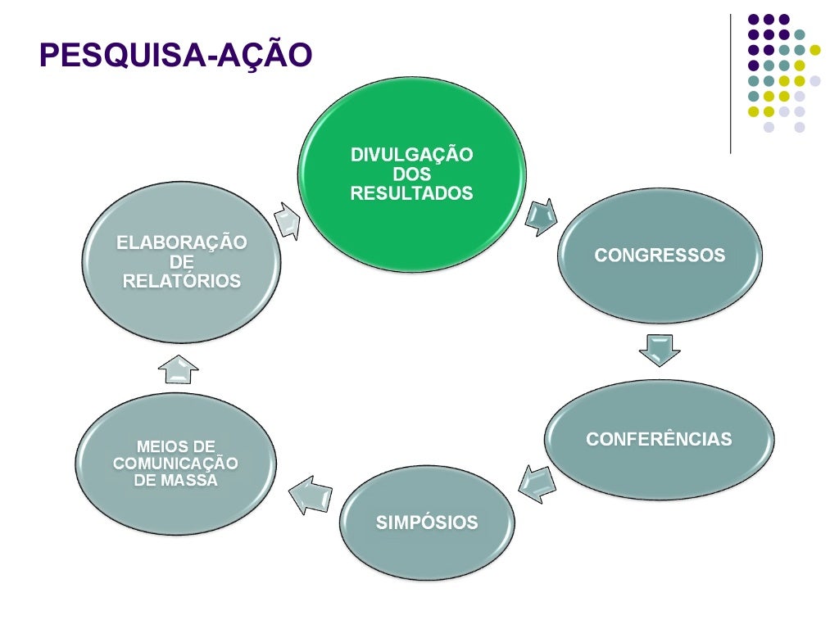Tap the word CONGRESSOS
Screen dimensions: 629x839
[660, 256]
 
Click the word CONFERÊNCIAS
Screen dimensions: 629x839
[659, 439]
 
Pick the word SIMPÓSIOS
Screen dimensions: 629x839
[426, 523]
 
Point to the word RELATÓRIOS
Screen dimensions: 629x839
[181, 281]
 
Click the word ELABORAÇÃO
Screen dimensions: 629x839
[181, 243]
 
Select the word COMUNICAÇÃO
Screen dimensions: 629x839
[175, 464]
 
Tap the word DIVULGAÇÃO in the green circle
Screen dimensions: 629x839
[411, 155]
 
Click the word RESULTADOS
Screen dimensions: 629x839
[411, 194]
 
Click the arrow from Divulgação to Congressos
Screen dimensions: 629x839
[542, 217]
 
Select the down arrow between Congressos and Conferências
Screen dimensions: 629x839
[659, 350]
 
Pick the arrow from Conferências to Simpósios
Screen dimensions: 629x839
[537, 482]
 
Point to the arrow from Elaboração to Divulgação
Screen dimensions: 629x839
[288, 219]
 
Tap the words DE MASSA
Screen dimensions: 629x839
[175, 481]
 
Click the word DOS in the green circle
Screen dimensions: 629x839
[411, 174]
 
